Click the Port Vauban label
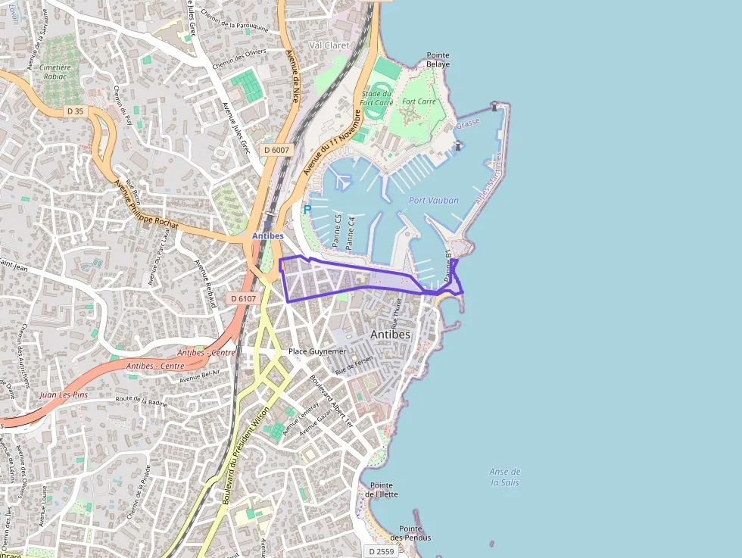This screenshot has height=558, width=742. [433, 201]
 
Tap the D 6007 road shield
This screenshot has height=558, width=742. [277, 150]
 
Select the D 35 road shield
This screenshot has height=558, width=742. [74, 111]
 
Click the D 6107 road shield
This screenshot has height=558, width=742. [244, 298]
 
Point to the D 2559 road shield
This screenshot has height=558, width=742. [381, 551]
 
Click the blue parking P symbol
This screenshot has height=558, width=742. [307, 210]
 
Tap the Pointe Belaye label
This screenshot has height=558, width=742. [438, 60]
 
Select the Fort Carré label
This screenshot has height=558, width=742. [419, 101]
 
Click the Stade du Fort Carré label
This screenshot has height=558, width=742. [376, 98]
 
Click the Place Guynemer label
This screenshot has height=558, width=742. [317, 351]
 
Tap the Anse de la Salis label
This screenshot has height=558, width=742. [505, 477]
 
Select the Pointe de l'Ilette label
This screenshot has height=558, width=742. [382, 490]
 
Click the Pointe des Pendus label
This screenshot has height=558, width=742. [415, 533]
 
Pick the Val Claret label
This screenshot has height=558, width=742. [329, 45]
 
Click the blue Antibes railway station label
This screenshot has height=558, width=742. [267, 236]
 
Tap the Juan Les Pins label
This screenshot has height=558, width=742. [64, 394]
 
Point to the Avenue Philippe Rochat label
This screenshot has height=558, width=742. [146, 204]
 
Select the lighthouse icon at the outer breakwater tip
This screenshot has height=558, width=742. [494, 106]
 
